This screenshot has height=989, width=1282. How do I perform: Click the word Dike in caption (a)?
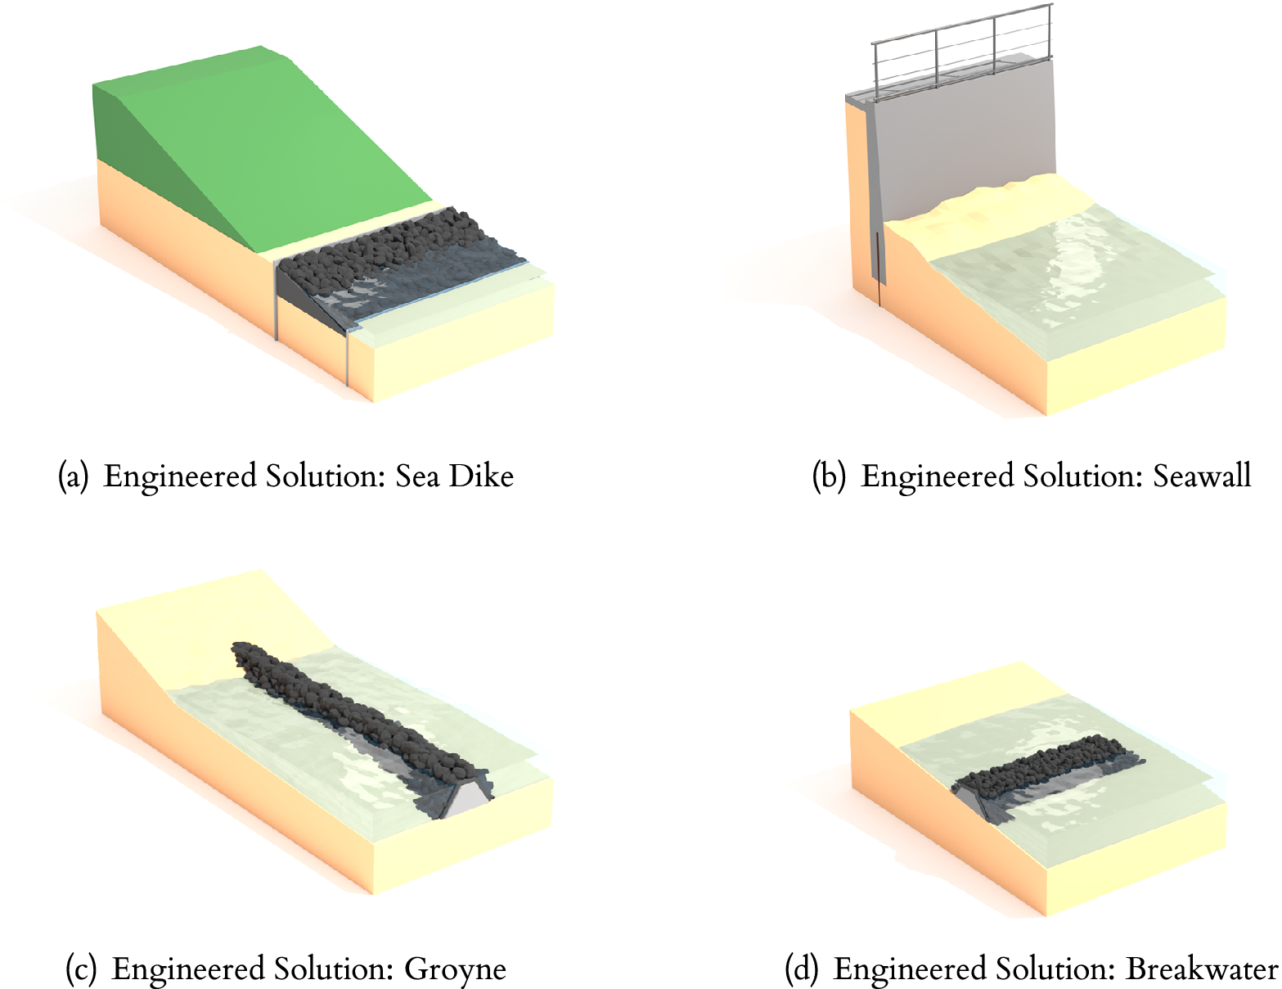pyautogui.click(x=481, y=476)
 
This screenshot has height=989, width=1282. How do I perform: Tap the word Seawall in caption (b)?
pyautogui.click(x=1203, y=476)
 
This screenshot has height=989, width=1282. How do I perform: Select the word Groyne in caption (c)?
pyautogui.click(x=455, y=969)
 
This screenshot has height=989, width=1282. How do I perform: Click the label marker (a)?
pyautogui.click(x=73, y=476)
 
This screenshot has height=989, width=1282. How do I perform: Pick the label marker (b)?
pyautogui.click(x=829, y=476)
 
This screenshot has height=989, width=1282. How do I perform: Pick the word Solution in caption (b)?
pyautogui.click(x=1083, y=476)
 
